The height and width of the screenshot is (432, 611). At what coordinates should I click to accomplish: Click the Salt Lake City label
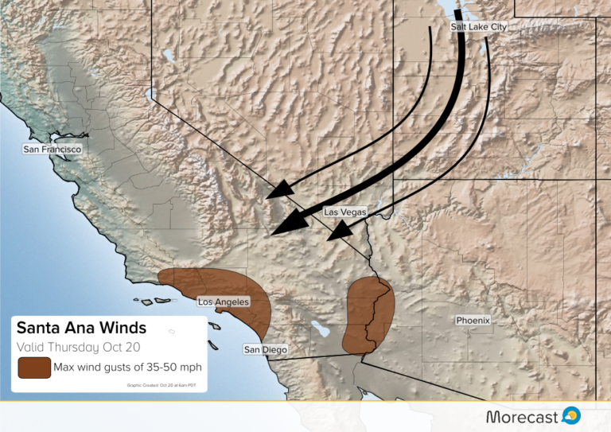[478, 27]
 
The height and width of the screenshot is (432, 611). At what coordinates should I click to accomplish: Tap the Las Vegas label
[345, 212]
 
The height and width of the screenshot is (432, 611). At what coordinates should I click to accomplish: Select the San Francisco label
[52, 149]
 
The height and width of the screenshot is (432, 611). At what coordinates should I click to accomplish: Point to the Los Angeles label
[224, 302]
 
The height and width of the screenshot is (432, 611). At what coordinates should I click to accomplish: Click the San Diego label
[265, 349]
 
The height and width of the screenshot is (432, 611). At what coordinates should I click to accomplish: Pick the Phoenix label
[473, 321]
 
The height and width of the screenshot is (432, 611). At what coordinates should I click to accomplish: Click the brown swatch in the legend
[33, 368]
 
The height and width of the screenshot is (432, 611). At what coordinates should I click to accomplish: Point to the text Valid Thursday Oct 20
[68, 347]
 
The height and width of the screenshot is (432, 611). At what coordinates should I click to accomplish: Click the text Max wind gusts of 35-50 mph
[127, 368]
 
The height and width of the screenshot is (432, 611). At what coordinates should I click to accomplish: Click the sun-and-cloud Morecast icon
[570, 415]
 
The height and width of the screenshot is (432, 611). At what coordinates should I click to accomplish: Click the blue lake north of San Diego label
[320, 328]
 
